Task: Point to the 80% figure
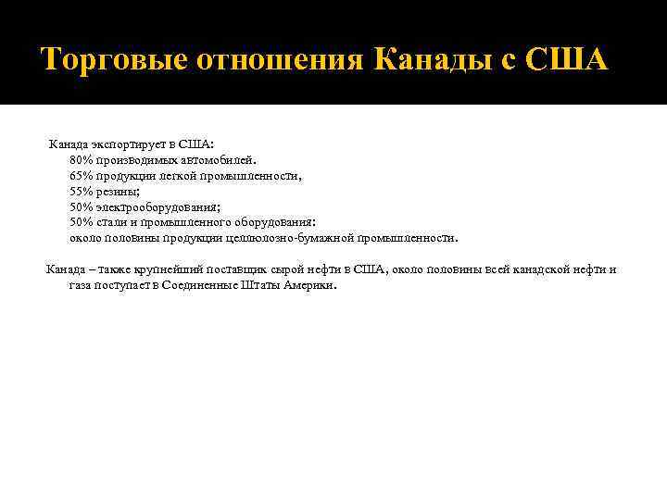pos(81,160)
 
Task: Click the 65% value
pos(81,176)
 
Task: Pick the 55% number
pos(81,192)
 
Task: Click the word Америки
pos(310,285)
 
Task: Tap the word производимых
pos(132,160)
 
